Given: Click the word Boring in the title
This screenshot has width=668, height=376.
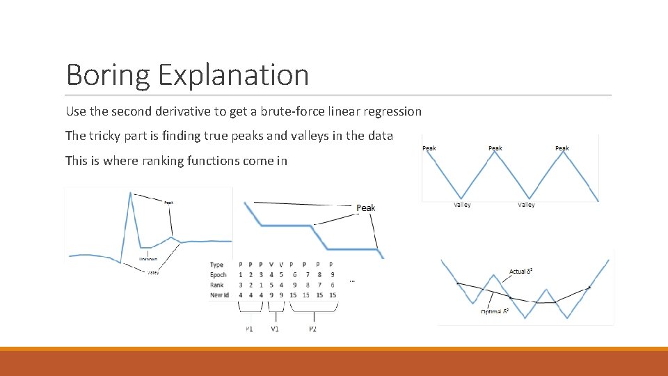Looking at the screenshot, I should (x=107, y=75).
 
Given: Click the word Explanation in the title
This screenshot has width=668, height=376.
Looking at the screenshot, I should (x=233, y=75).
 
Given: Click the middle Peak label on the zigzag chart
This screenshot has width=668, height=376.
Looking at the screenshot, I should (x=495, y=148).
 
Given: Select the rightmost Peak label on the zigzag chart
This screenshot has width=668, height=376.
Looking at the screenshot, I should (x=562, y=148).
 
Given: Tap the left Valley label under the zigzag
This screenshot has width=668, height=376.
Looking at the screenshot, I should (x=462, y=205).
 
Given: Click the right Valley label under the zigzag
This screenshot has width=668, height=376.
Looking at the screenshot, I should (x=527, y=205).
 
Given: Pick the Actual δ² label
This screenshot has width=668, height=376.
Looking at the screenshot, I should (x=521, y=271).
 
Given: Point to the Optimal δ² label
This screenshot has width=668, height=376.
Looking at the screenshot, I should (x=495, y=312).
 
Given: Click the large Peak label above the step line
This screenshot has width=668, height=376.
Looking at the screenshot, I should (x=366, y=208).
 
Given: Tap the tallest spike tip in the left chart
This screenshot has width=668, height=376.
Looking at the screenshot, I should (x=130, y=194).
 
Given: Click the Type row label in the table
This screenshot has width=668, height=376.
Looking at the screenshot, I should (x=216, y=265).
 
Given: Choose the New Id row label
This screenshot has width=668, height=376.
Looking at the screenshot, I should (x=220, y=295).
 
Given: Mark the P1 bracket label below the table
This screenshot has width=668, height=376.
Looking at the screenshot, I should (x=249, y=329).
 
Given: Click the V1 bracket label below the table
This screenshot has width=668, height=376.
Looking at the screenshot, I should (x=275, y=329).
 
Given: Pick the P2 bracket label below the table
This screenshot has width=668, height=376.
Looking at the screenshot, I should (x=312, y=329).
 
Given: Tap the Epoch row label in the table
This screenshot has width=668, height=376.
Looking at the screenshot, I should (x=218, y=275).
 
